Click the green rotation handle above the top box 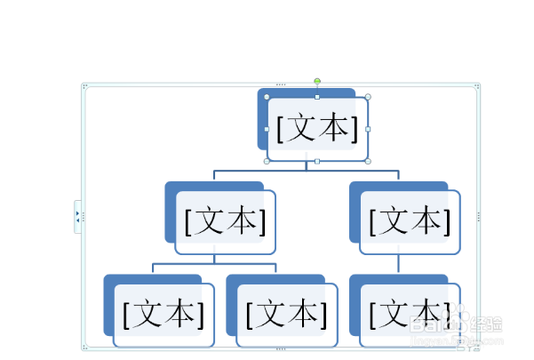click(x=317, y=81)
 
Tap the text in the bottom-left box click(x=163, y=314)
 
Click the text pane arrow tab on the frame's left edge click(x=77, y=216)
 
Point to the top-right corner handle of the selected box click(x=368, y=97)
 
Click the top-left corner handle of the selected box click(x=267, y=97)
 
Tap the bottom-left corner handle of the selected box click(x=267, y=162)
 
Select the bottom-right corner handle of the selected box click(x=368, y=162)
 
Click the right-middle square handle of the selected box click(x=368, y=129)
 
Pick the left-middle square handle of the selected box click(x=267, y=129)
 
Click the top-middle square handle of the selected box click(x=317, y=97)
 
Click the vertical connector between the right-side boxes click(x=398, y=264)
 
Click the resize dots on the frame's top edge click(x=281, y=84)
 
